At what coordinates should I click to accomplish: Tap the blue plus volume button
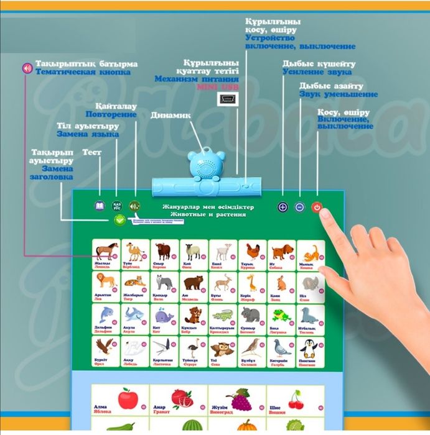(x=283, y=208)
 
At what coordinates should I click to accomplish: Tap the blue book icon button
(x=99, y=206)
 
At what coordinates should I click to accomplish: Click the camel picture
(x=134, y=251)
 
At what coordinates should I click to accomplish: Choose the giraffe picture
(x=251, y=283)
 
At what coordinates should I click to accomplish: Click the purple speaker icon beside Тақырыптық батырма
(x=27, y=68)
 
